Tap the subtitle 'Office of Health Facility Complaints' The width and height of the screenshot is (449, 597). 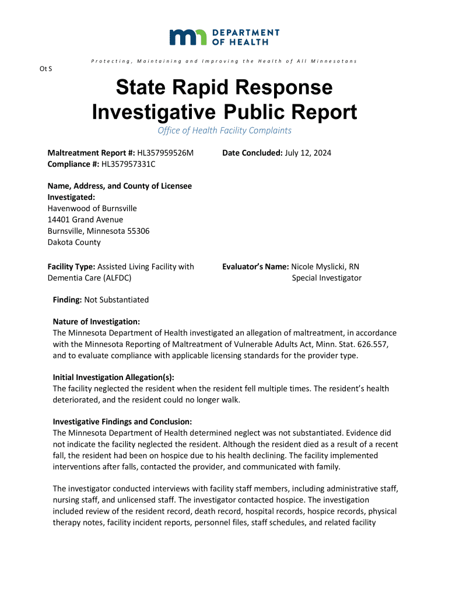(x=224, y=131)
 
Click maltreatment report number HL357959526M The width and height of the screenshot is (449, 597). (x=165, y=153)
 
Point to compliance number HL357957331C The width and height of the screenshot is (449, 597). (x=128, y=164)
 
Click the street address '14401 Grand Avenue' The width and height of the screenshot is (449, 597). (x=85, y=220)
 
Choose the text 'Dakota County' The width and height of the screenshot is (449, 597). (x=73, y=242)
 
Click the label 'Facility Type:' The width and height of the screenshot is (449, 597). (x=71, y=266)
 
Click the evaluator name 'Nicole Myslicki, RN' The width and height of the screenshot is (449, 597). (x=325, y=266)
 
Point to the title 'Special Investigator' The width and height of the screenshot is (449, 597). (x=327, y=278)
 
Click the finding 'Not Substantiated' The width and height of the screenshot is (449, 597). (x=117, y=300)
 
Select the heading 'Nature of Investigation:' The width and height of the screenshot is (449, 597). (x=96, y=322)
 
